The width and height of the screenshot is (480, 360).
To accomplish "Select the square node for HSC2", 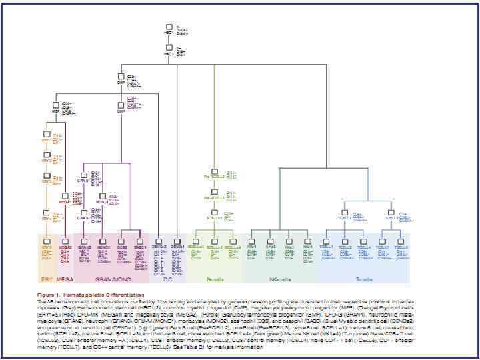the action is pyautogui.click(x=170, y=47).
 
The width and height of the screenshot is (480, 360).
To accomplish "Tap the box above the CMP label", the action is pyautogui.click(x=121, y=77).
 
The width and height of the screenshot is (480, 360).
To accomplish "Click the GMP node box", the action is pyautogui.click(x=121, y=104).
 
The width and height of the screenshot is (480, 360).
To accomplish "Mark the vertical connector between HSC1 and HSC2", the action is pyautogui.click(x=170, y=39).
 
